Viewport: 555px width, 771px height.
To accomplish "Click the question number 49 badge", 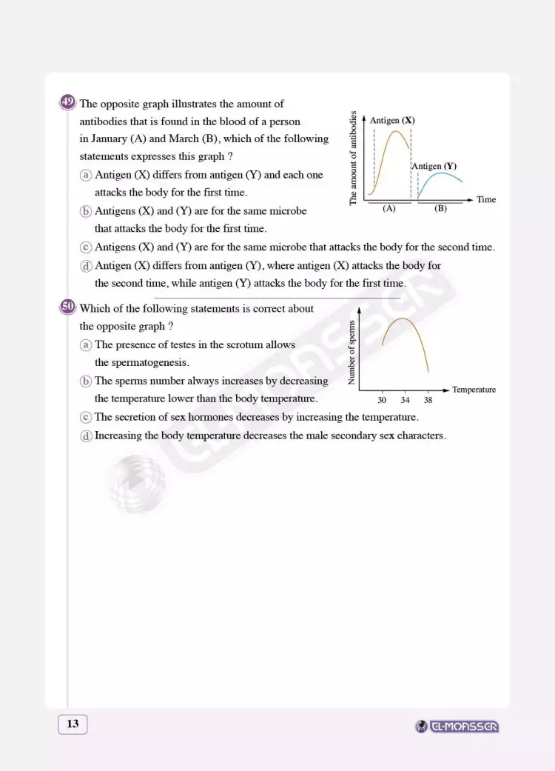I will pos(67,103).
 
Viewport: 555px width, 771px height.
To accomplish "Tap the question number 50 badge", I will pos(67,307).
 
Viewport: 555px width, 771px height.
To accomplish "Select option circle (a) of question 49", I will pos(86,176).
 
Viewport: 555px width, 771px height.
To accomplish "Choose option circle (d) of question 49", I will pos(86,265).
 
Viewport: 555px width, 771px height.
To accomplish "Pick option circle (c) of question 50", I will pos(86,418).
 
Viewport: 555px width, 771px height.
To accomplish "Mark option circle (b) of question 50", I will pos(86,381).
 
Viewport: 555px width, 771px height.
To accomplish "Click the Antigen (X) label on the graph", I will pos(391,121).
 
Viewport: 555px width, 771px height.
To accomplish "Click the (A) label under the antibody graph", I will pos(389,209).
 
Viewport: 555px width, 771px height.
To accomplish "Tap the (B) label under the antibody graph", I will pos(441,209).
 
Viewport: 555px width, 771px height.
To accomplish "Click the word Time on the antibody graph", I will pos(486,200).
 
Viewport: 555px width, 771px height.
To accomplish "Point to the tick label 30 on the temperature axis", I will pos(382,400).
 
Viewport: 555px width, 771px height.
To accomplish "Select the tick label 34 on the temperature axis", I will pos(405,400).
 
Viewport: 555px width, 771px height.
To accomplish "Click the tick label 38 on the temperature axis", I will pos(428,400).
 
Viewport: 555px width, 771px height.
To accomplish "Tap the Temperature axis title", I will pos(474,390).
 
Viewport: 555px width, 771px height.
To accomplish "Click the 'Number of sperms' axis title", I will pos(352,353).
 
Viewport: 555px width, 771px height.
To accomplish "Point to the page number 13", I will pos(73,724).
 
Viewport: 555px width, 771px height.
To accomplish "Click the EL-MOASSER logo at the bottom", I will pos(458,727).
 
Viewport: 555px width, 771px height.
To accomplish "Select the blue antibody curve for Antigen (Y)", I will pos(441,175).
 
